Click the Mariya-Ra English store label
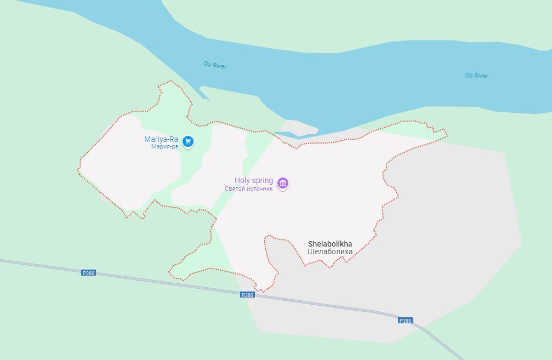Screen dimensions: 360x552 pos(161,139)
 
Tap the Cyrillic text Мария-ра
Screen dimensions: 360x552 pos(165,147)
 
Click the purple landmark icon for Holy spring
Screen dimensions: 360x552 pos(283,183)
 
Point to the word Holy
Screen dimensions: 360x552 pos(242,180)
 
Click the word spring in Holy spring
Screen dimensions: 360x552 pos(262,181)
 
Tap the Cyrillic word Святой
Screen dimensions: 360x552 pos(235,188)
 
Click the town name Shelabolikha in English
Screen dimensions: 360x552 pos(330,244)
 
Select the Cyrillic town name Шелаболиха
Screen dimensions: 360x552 pos(330,252)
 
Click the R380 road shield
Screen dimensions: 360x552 pos(247,295)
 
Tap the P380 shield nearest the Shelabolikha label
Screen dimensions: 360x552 pos(405,321)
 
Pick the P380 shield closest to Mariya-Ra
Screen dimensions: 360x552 pos(88,273)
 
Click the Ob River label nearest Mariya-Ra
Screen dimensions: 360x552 pos(215,65)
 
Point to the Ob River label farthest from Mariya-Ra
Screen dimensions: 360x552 pos(476,76)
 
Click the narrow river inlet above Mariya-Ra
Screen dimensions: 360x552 pos(204,93)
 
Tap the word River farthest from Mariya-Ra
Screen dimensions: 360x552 pos(481,76)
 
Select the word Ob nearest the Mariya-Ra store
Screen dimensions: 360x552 pos(207,64)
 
